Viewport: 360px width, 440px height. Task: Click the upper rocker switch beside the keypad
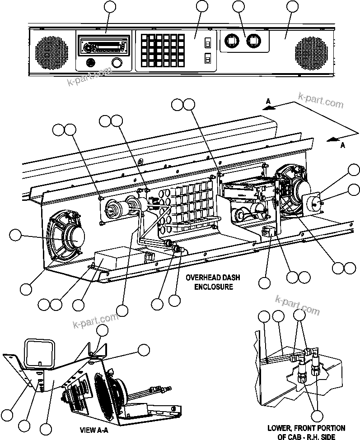(x=208, y=43)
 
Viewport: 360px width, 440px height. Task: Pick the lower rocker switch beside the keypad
(x=208, y=59)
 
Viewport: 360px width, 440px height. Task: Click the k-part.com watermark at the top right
(x=321, y=101)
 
